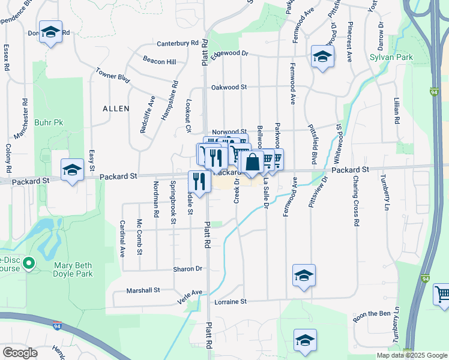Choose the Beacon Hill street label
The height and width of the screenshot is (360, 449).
click(x=159, y=61)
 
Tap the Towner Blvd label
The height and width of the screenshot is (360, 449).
click(x=112, y=77)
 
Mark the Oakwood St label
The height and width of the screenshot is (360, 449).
click(x=229, y=87)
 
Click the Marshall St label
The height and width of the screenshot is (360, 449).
click(x=143, y=290)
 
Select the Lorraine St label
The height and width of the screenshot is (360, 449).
click(x=228, y=301)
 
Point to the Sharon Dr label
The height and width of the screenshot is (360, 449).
click(x=188, y=269)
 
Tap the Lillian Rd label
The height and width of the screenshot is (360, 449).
click(x=397, y=111)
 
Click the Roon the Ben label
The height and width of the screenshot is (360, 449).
click(x=372, y=313)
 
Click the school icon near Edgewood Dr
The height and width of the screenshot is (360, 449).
click(x=322, y=57)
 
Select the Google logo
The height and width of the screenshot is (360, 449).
click(x=20, y=353)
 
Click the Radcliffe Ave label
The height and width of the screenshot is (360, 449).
click(x=144, y=114)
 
